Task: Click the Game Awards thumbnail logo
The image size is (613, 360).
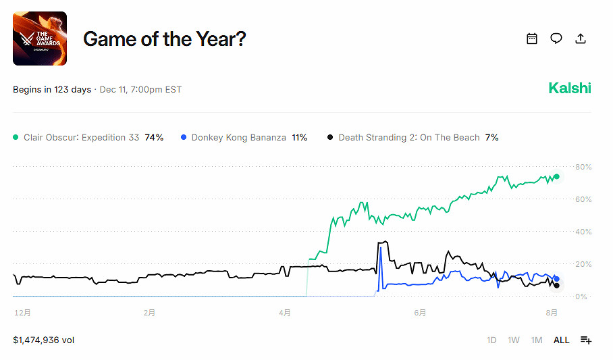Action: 40,38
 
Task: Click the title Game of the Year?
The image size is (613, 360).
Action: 164,39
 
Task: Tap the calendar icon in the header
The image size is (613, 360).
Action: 532,38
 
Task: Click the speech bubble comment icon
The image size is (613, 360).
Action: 556,38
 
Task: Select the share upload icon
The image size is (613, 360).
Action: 581,38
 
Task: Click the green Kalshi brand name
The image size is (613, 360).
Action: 569,88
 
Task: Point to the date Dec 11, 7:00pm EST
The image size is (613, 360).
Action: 140,90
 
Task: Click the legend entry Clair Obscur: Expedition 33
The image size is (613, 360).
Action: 81,137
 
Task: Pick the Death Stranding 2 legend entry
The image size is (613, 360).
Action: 408,137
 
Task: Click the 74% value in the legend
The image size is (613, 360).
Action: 154,137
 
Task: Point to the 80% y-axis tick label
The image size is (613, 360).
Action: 583,167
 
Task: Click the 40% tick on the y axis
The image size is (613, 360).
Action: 583,232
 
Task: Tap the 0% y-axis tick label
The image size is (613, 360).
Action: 581,297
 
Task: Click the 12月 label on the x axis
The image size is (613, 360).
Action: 22,313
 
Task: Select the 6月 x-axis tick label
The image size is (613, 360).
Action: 420,313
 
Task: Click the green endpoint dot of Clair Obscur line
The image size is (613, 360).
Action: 557,177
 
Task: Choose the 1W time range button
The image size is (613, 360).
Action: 514,340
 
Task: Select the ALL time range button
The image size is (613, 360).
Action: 561,340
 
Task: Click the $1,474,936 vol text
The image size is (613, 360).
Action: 43,340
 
